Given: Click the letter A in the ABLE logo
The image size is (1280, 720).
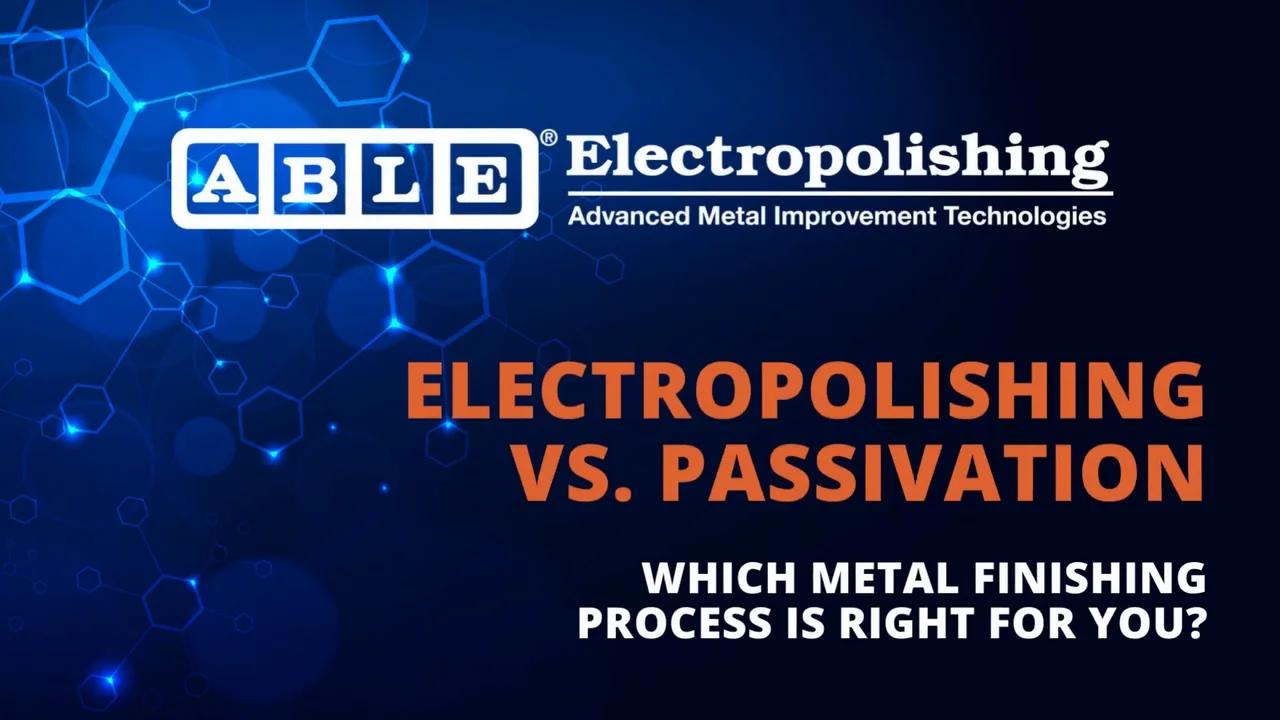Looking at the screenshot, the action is coord(223,178).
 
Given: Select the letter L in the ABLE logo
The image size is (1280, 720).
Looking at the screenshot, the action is coord(398,178).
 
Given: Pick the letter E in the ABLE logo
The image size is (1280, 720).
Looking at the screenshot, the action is coord(485,178).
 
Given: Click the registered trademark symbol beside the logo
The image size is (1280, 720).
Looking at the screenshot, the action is coord(548,138).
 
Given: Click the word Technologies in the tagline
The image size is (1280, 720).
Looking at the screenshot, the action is coord(1025,218).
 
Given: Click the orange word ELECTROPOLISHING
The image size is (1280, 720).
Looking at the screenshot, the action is coord(805,390).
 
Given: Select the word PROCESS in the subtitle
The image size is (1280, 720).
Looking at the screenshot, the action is coord(674,622).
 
